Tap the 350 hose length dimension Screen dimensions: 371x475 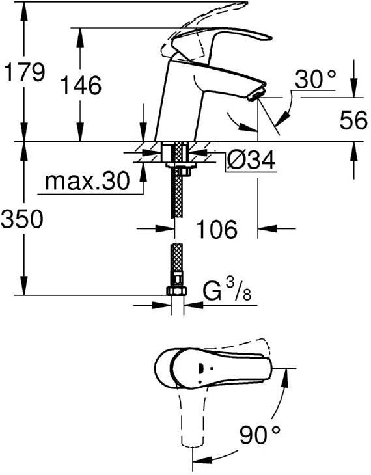pos(21,219)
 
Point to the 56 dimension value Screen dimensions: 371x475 pos(353,120)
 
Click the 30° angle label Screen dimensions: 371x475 pos(315,79)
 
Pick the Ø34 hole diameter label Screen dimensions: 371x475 pos(251,159)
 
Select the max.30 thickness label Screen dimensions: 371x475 pos(87,181)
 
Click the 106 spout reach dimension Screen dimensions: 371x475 pos(217,228)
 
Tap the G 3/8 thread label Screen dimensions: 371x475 pos(227,290)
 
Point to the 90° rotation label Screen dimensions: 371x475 pos(260,434)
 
